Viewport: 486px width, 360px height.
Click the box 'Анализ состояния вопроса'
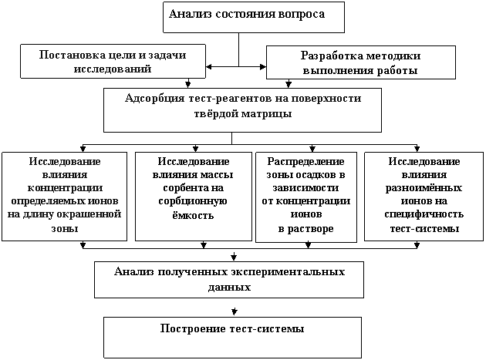coord(254,18)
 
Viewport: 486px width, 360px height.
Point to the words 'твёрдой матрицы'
coord(243,113)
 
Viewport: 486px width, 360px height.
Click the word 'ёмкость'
coord(193,215)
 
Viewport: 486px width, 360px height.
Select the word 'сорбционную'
coord(193,201)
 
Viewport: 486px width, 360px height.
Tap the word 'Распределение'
coord(306,162)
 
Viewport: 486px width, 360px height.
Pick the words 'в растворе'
coord(306,229)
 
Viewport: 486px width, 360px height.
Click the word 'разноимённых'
coord(424,188)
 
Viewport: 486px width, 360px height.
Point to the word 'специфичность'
coord(424,214)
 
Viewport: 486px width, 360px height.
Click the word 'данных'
coord(229,287)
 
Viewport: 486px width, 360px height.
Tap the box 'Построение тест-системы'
coord(232,338)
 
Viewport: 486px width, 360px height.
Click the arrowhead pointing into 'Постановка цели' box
coord(209,66)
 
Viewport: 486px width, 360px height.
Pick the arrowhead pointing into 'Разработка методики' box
coord(263,66)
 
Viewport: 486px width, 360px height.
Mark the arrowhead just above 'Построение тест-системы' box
coord(235,311)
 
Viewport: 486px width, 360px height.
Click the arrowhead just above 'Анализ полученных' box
coord(234,257)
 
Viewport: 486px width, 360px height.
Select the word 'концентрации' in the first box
coord(65,188)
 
